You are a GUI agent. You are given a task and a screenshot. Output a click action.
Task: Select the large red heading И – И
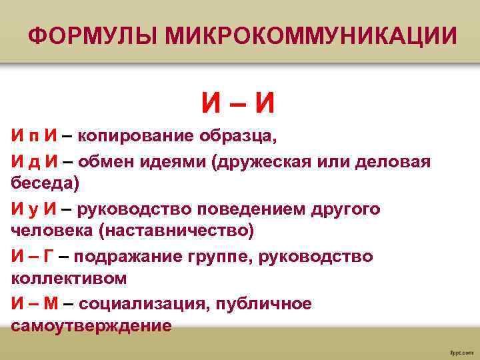[x=239, y=102]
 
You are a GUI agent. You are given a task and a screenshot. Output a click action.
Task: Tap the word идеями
[x=174, y=161]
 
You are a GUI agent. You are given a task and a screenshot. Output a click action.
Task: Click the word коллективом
[x=69, y=277]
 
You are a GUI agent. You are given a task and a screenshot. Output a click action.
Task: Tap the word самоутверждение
[x=91, y=326]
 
